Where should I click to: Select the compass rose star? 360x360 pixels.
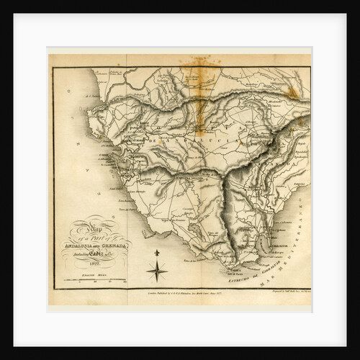pos(157,271)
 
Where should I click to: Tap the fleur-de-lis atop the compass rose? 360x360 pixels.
pos(157,254)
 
